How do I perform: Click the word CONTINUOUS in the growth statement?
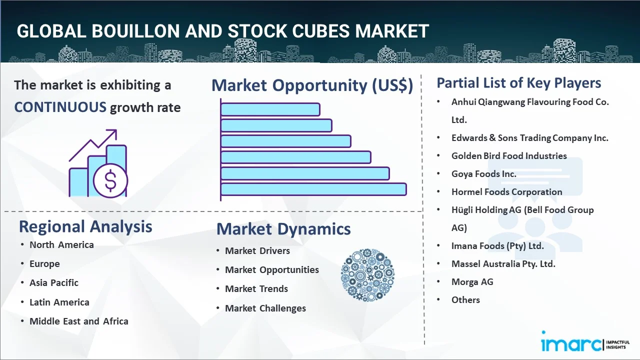(x=60, y=107)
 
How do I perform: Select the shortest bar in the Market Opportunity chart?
(x=270, y=109)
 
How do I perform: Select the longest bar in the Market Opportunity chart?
(x=313, y=189)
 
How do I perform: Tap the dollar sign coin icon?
(x=110, y=181)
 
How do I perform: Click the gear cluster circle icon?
(x=367, y=275)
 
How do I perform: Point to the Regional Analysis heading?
(x=85, y=226)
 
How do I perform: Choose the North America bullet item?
(x=61, y=244)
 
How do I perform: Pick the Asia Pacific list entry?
(x=54, y=282)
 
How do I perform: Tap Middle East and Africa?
(x=79, y=321)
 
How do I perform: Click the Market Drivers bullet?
(x=257, y=250)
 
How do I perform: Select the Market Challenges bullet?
(x=265, y=308)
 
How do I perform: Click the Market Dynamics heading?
(x=283, y=229)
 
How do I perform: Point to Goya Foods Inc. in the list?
(x=483, y=174)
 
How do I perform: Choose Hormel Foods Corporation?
(x=506, y=192)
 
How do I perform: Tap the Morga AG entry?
(x=472, y=282)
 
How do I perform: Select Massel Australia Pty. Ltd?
(x=503, y=264)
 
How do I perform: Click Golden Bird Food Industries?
(x=509, y=156)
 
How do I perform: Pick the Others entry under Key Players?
(x=465, y=300)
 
